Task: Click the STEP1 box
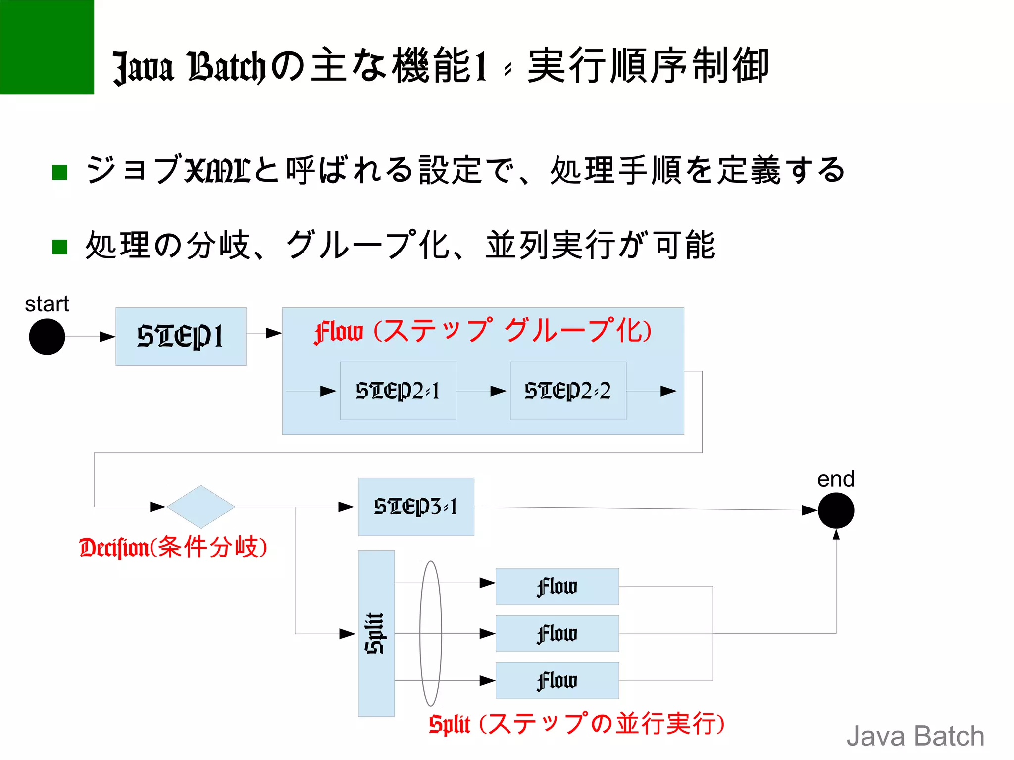[181, 337]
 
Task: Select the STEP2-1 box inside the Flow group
[398, 391]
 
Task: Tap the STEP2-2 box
[568, 391]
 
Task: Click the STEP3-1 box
[416, 507]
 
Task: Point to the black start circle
[47, 337]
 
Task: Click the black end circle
[836, 510]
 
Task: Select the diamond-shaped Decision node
[201, 507]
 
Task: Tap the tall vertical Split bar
[376, 633]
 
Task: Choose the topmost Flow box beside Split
[557, 586]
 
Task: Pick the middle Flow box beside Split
[557, 633]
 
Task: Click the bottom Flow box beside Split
[557, 680]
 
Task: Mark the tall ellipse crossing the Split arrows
[430, 633]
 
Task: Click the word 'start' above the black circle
[47, 304]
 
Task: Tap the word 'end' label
[836, 479]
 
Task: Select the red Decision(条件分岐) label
[173, 548]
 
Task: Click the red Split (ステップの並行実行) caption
[577, 724]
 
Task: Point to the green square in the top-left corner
[47, 47]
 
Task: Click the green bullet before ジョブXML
[60, 172]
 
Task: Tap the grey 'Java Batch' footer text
[915, 736]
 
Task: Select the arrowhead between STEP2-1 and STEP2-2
[498, 391]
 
